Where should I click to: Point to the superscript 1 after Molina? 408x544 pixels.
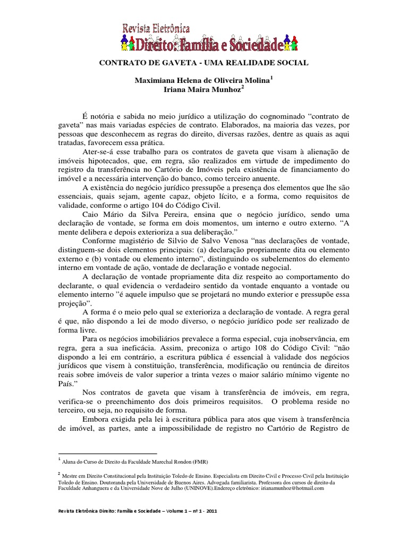(271, 77)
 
